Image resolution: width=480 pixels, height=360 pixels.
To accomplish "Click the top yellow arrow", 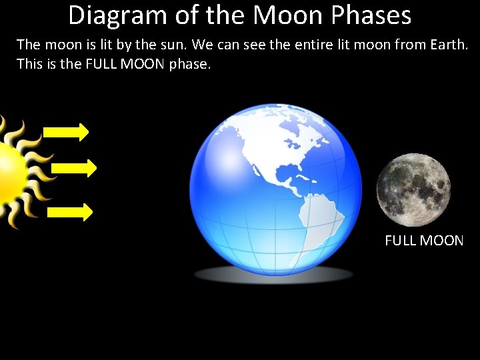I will (x=67, y=132).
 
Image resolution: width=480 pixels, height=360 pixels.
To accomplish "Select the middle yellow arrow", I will (x=73, y=168).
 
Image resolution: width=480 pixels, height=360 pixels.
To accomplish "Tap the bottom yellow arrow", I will (x=70, y=212).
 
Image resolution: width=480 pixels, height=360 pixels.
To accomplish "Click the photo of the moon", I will (x=413, y=190).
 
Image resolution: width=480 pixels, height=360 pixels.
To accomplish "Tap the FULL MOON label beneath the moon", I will (x=424, y=241).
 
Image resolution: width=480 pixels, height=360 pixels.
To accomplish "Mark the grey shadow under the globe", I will (x=273, y=274).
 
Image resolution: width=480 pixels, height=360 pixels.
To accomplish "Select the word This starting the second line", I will (x=30, y=65).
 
